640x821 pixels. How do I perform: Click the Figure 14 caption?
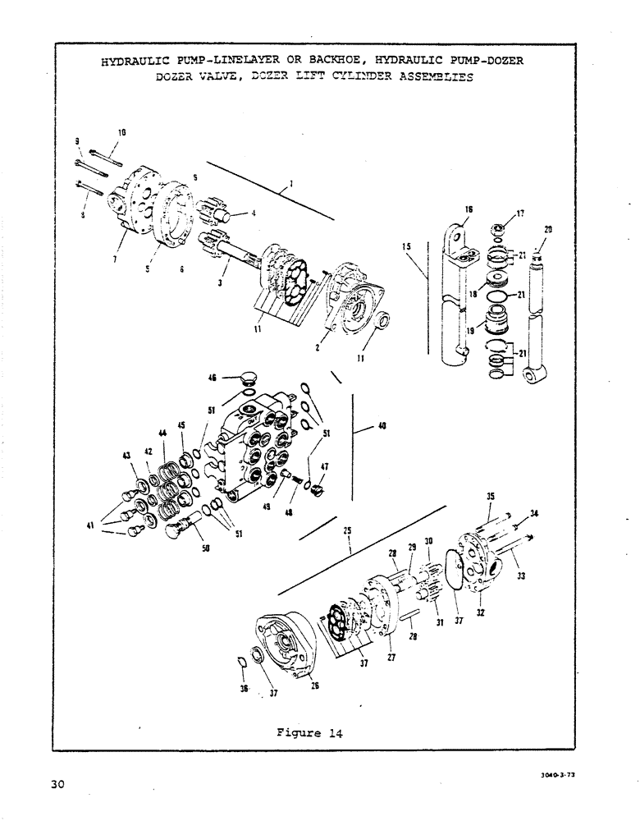(x=308, y=733)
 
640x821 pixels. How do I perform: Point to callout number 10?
(x=121, y=132)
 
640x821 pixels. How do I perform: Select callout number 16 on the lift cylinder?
(x=468, y=210)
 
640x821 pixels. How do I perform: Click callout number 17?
(x=519, y=216)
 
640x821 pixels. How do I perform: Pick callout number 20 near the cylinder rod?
(x=547, y=230)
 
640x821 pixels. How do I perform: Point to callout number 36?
(x=244, y=690)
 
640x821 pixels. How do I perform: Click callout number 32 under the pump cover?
(x=480, y=612)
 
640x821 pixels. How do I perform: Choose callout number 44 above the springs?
(x=162, y=433)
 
